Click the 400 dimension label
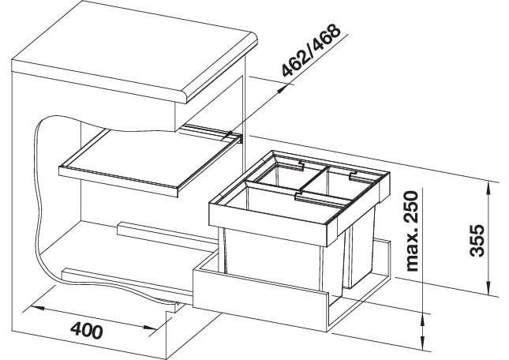click(87, 331)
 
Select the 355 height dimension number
click(477, 241)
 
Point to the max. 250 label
click(412, 231)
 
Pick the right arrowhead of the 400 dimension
click(150, 328)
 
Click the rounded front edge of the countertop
click(222, 69)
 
